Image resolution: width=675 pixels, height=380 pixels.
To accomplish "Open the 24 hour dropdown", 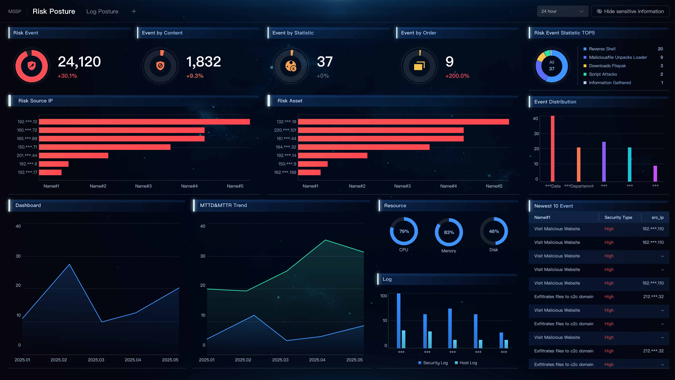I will pyautogui.click(x=562, y=11).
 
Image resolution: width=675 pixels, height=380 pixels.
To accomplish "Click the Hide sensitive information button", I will pyautogui.click(x=630, y=11).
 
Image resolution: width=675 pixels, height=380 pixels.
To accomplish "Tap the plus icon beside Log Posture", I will pyautogui.click(x=134, y=11).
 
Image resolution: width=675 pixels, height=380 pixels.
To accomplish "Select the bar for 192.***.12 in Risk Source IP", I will pyautogui.click(x=144, y=122).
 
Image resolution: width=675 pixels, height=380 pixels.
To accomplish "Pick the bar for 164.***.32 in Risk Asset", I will pyautogui.click(x=364, y=147).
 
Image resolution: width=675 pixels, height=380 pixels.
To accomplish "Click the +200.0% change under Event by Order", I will pyautogui.click(x=457, y=76).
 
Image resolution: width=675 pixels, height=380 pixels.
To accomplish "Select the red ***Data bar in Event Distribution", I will pyautogui.click(x=553, y=148).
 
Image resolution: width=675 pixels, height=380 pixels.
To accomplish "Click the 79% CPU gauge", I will pyautogui.click(x=404, y=231).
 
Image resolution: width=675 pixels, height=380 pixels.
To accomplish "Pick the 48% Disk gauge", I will pyautogui.click(x=494, y=231).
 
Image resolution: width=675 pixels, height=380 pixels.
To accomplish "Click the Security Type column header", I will pyautogui.click(x=618, y=217).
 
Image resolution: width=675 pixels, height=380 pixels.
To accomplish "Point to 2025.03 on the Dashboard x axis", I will pyautogui.click(x=96, y=360).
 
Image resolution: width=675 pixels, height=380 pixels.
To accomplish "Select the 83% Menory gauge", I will pyautogui.click(x=449, y=232).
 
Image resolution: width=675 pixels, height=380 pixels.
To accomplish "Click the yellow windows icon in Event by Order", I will pyautogui.click(x=419, y=66).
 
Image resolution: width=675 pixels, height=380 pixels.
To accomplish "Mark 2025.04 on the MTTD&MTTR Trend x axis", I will pyautogui.click(x=317, y=360).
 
